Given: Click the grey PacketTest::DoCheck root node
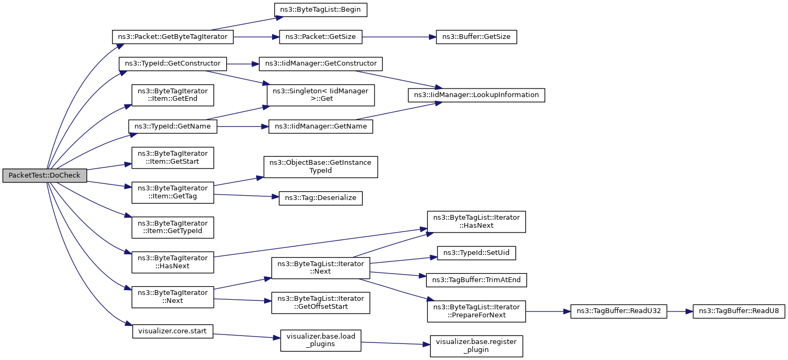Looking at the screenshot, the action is click(45, 175).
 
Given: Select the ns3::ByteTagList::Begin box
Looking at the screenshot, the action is click(321, 10).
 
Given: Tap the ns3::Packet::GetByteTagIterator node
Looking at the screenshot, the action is click(173, 37).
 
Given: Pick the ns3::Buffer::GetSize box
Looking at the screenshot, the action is click(476, 37).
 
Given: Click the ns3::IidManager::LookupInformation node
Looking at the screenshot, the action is click(476, 95).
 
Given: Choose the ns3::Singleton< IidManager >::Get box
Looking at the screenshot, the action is click(321, 95).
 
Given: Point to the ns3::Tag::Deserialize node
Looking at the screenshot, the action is click(321, 198).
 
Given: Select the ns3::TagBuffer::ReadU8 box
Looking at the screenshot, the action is click(739, 311).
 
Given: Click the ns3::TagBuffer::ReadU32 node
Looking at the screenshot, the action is click(618, 311).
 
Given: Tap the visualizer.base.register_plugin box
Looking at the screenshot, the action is click(476, 346).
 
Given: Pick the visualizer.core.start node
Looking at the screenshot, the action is click(173, 332).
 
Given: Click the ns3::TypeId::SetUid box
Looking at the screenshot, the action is click(476, 253).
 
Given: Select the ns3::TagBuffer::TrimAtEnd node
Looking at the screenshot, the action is click(476, 280).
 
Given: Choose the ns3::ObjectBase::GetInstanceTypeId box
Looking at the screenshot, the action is click(321, 167).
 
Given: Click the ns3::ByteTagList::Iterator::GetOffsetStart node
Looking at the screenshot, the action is click(321, 303).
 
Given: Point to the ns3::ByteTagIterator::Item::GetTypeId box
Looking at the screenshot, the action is click(173, 227).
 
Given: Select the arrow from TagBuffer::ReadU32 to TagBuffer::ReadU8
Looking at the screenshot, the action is click(680, 311).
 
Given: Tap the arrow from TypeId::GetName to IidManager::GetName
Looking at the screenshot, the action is click(243, 126).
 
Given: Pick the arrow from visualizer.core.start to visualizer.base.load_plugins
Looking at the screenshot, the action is click(246, 336).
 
